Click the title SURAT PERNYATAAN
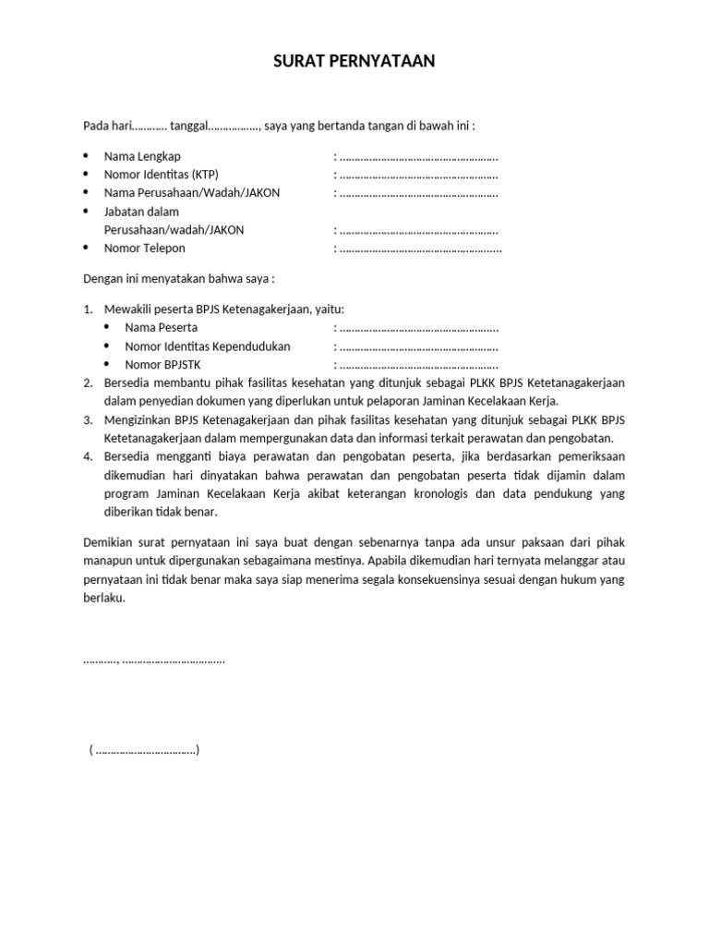pos(354,62)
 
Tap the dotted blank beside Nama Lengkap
pos(418,156)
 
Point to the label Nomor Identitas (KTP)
pos(162,174)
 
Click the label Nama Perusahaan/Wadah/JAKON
pos(191,192)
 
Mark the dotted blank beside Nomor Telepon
pos(420,248)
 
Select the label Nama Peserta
pos(161,327)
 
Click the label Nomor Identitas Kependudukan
pos(207,346)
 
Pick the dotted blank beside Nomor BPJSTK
pos(418,365)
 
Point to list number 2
pos(88,383)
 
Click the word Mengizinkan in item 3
pos(137,420)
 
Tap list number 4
pos(88,456)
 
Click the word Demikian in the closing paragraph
pos(108,541)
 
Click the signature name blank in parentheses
pos(145,750)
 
